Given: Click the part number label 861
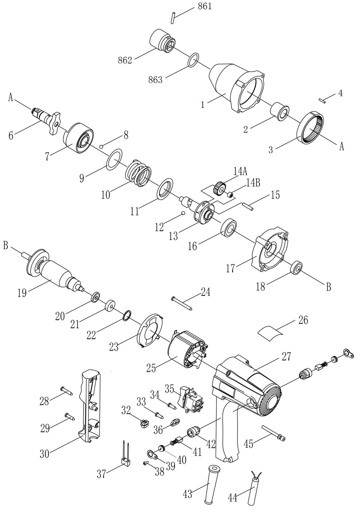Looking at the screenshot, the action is tap(205, 6).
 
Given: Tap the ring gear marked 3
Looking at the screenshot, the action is tap(312, 127).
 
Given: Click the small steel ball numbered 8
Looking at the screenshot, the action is tap(102, 147).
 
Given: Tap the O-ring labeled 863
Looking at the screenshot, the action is tap(193, 60).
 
